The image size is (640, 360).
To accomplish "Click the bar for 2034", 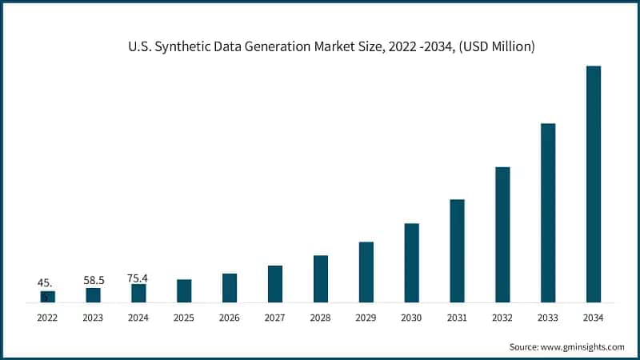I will tap(594, 184).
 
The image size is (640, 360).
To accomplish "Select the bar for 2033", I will tap(548, 213).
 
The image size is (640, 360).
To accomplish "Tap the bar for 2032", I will tap(502, 234).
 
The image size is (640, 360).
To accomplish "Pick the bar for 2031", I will tap(457, 250).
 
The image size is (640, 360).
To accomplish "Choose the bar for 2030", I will tap(411, 262).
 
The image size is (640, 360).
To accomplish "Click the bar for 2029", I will tap(366, 272).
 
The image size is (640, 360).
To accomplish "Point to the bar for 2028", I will tap(321, 278).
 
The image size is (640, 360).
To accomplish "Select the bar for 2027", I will tap(275, 284).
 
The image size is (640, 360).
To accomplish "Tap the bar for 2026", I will tap(230, 288).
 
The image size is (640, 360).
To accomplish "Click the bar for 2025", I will tap(184, 290).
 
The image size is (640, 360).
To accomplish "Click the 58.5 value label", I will tap(94, 281).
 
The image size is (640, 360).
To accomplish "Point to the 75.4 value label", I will tap(138, 278).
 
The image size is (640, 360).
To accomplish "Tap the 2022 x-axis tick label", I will tap(48, 318).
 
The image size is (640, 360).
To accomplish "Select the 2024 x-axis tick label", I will tap(138, 318).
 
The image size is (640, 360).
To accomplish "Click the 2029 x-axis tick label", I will tap(366, 318).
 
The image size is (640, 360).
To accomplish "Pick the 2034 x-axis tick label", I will tap(594, 318).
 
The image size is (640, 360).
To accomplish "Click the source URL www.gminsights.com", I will tap(582, 346).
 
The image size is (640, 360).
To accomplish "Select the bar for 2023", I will tap(94, 295).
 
